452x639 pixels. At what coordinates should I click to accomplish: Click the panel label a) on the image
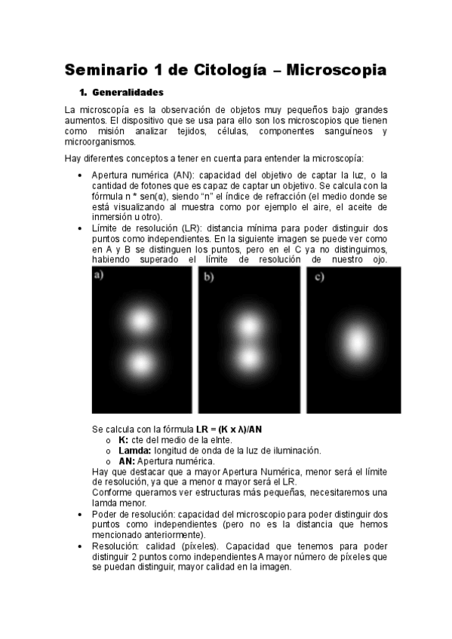point(99,276)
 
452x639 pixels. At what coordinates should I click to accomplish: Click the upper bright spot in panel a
point(140,322)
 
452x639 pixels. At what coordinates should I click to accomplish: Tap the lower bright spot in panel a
point(140,364)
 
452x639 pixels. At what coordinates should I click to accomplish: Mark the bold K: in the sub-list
point(124,440)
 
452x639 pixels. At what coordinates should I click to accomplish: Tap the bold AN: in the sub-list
point(127,461)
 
